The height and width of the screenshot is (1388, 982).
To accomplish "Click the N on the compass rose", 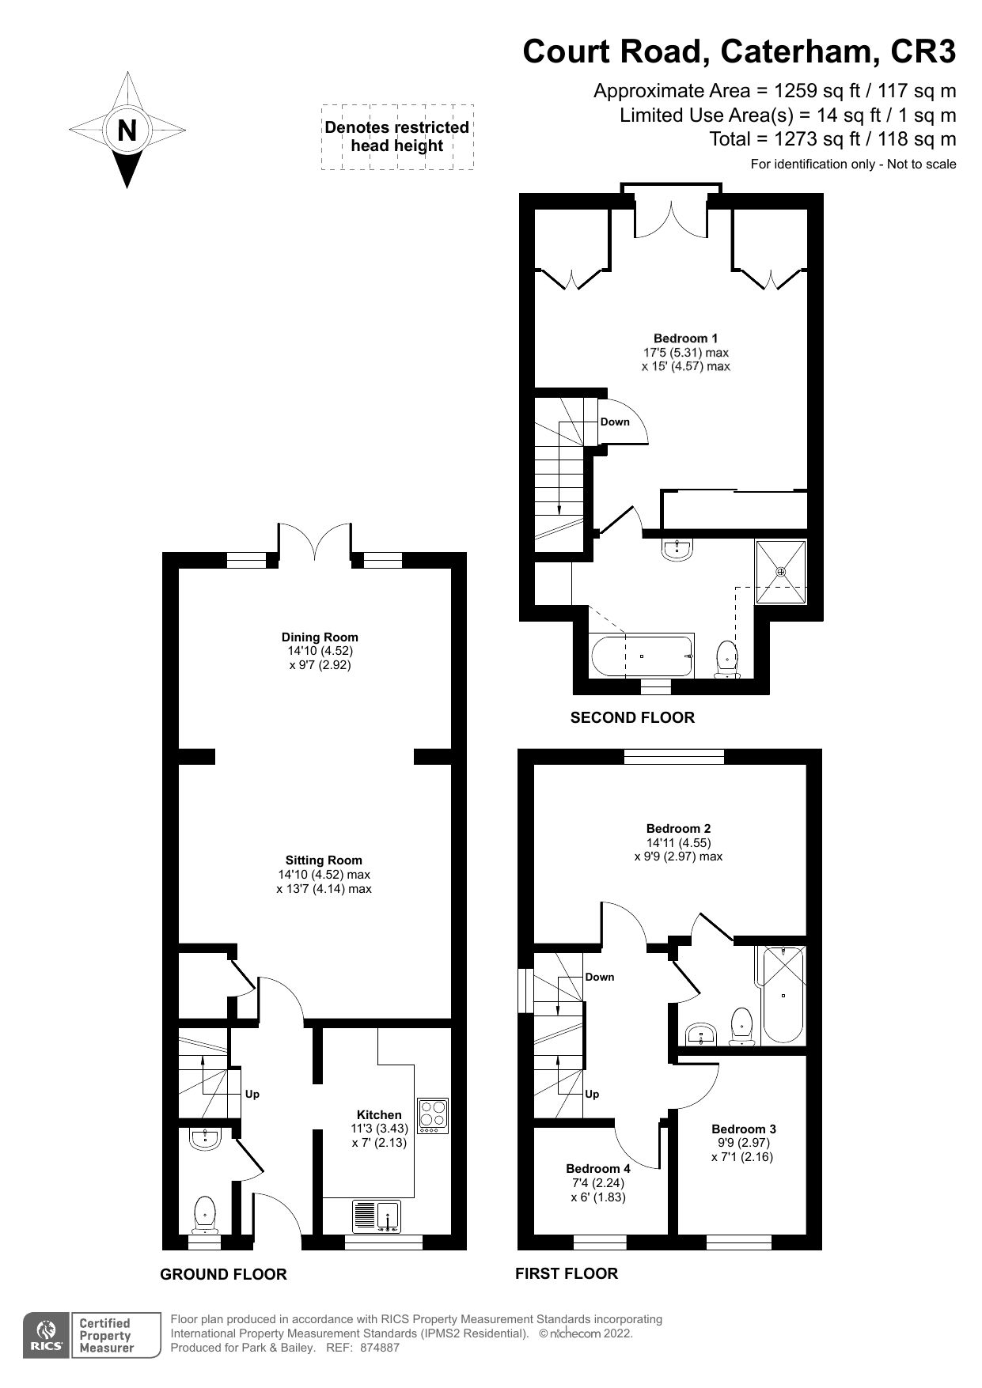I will point(127,130).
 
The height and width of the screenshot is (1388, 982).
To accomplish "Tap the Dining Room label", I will point(320,637).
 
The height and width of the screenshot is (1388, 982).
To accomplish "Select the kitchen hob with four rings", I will point(432,1117).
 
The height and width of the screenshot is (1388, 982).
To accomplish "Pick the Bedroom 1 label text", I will point(685,338).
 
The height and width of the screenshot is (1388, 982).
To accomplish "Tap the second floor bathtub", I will point(642,656).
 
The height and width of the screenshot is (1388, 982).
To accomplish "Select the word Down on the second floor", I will point(615,422).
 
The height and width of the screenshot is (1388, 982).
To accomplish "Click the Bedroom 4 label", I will point(597,1168).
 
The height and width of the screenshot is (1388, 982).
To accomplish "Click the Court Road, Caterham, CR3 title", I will point(738,52).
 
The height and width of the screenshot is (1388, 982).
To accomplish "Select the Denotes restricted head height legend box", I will point(396,137).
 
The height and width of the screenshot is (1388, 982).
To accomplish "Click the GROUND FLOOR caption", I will point(223,1274).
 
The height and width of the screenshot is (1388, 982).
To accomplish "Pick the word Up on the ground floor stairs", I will point(252,1095).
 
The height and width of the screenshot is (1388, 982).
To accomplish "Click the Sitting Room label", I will point(324,860).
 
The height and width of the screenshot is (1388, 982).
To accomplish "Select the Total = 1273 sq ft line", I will point(832,139).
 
